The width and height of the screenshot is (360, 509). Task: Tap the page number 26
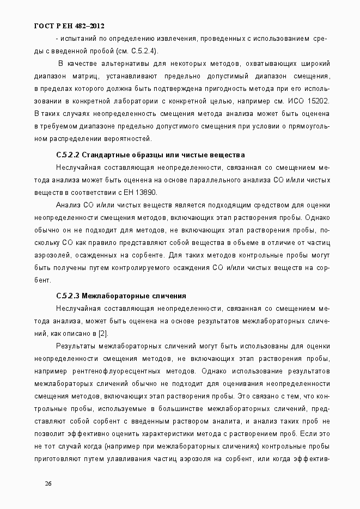click(x=48, y=483)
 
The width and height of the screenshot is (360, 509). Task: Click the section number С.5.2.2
click(x=68, y=155)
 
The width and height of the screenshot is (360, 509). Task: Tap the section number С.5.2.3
click(x=68, y=296)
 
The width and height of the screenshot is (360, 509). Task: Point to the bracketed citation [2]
click(x=102, y=333)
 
